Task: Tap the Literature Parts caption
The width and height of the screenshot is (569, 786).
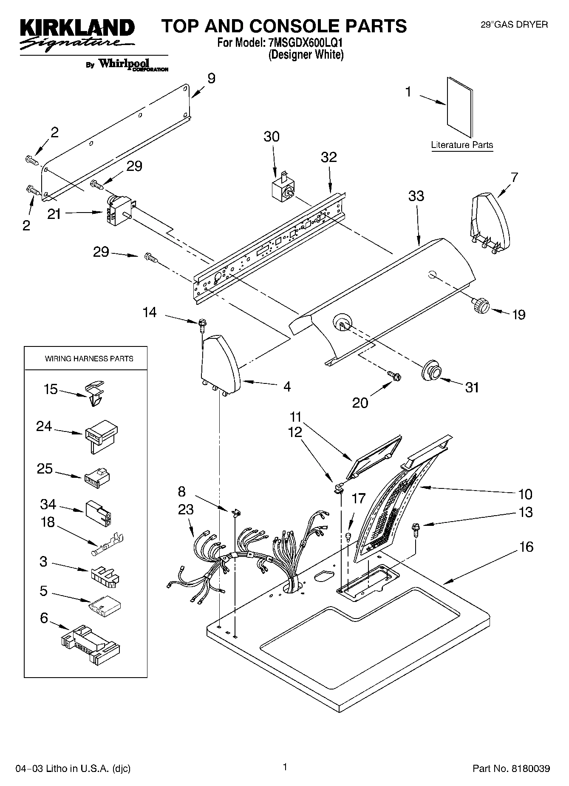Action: pyautogui.click(x=462, y=145)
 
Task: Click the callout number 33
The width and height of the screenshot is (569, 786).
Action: pyautogui.click(x=416, y=196)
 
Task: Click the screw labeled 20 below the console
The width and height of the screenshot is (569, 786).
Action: pyautogui.click(x=394, y=376)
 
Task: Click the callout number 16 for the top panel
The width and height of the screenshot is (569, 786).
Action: pyautogui.click(x=526, y=547)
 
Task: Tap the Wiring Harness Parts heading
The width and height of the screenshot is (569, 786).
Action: pyautogui.click(x=89, y=359)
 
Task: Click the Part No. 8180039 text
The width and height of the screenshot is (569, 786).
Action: pyautogui.click(x=511, y=769)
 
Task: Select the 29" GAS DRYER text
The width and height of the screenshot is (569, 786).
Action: pyautogui.click(x=514, y=25)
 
